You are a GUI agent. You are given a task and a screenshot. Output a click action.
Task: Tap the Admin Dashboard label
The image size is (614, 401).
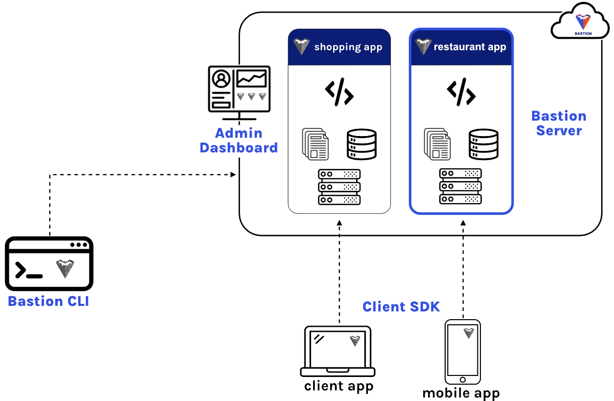(238, 141)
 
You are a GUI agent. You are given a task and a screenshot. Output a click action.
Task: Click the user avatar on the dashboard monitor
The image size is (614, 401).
(222, 79)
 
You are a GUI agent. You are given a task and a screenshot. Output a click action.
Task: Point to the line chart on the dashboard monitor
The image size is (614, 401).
(252, 79)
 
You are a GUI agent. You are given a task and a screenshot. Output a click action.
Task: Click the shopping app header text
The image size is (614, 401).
(348, 47)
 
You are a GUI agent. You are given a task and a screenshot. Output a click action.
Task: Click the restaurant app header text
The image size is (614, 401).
(470, 47)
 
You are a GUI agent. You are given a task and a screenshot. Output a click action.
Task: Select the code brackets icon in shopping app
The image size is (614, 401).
(339, 92)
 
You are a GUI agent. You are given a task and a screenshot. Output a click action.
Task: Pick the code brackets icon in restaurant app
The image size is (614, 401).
(461, 92)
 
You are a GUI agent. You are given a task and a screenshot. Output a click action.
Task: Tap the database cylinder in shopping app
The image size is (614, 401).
(362, 144)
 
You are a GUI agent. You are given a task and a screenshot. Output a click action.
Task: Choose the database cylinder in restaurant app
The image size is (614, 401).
(484, 144)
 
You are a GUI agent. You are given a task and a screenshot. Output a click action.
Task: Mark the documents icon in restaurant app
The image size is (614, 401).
(437, 144)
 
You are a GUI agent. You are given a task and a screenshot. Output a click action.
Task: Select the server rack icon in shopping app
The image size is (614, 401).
(339, 187)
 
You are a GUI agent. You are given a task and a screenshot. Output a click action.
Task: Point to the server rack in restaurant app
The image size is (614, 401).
(461, 187)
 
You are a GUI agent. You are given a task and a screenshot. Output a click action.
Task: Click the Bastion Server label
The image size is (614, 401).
(559, 123)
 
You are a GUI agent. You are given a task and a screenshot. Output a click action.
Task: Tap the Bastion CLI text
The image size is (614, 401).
(49, 301)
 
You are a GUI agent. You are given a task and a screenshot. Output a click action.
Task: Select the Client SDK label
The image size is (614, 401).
(401, 307)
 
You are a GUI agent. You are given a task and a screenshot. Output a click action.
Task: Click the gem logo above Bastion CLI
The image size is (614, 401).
(65, 269)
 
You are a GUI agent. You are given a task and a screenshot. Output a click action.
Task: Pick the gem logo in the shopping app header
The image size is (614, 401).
(301, 47)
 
